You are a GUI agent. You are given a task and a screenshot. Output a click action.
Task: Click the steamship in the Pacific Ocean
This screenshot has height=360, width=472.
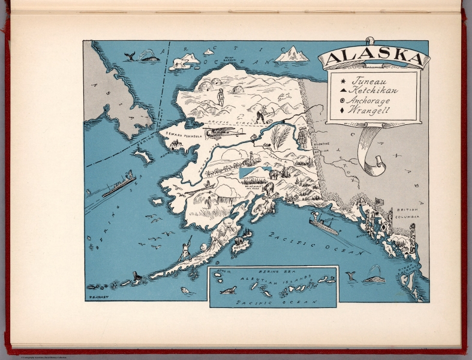point(324,226)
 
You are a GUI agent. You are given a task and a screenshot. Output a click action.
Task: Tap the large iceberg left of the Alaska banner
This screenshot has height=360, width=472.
point(292,55)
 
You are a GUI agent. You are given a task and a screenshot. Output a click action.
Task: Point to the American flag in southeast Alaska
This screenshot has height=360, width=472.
point(378,202)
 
